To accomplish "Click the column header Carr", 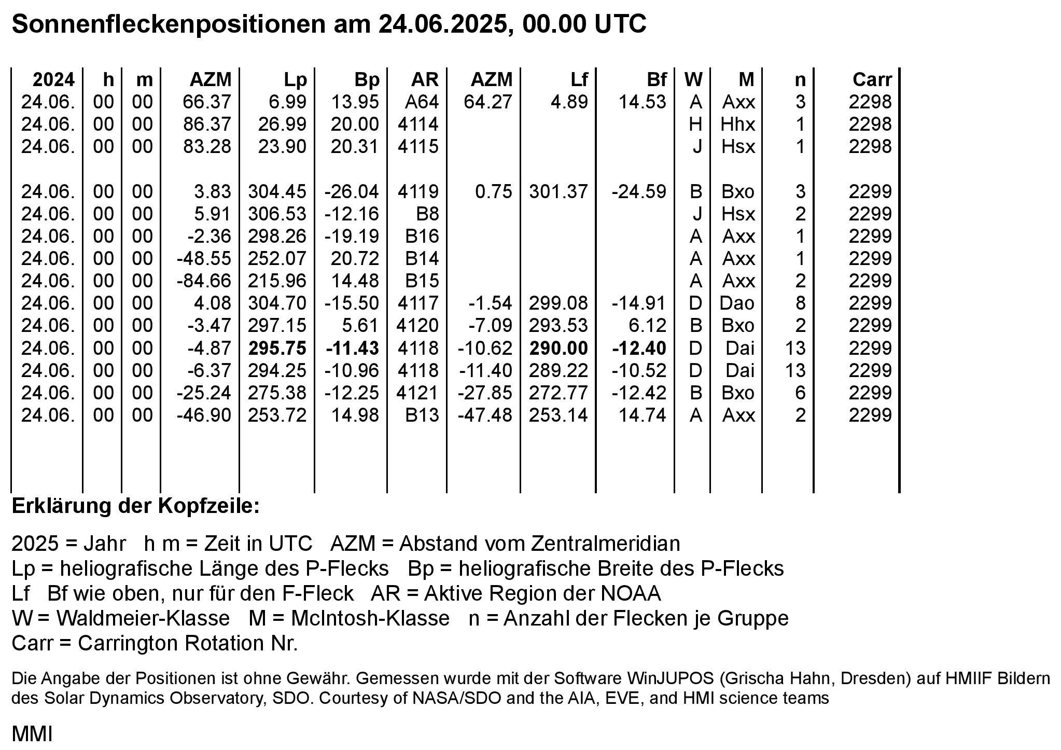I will pos(872,79).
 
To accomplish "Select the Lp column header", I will pos(295,79).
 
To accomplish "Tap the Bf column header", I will pos(656,79).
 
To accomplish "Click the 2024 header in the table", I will pos(53,79).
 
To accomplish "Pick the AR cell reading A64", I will pos(422,102).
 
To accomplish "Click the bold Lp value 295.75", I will pos(277,348).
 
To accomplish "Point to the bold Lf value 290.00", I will pos(559,348).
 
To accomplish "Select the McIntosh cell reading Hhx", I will pos(738,124).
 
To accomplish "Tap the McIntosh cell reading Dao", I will pos(737,303).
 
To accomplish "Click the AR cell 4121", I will pos(418,393).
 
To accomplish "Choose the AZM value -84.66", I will pos(204,281).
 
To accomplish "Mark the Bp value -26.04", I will pos(352,192).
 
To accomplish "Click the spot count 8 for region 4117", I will pos(800,303).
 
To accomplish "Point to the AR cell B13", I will pos(422,415).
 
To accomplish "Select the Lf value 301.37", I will pos(559,192).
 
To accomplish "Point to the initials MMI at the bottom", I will pos(32,734).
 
